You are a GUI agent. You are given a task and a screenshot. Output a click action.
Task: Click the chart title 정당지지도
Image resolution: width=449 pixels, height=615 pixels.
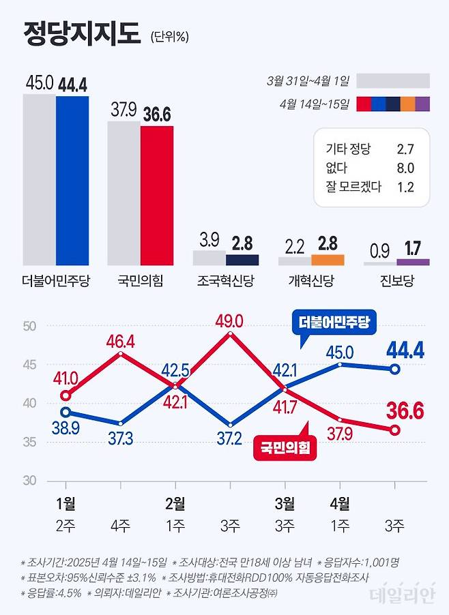(x=81, y=33)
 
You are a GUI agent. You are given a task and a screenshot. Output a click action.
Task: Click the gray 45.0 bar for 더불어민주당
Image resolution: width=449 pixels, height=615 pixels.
(x=40, y=179)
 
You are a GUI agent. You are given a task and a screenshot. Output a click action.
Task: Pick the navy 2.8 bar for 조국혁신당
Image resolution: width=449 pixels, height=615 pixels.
(x=242, y=260)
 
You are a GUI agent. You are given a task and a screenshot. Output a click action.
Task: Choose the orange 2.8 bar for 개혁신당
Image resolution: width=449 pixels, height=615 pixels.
(x=328, y=260)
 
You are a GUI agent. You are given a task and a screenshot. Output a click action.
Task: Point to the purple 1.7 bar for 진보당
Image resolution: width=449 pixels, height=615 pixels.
(x=413, y=262)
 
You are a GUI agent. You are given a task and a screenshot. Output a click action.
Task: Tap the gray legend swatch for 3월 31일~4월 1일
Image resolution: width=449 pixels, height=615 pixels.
(x=393, y=81)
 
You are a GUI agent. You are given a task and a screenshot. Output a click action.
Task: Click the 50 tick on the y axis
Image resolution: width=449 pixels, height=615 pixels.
(x=28, y=326)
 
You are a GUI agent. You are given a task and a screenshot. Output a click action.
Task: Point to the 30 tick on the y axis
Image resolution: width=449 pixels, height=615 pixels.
(x=28, y=480)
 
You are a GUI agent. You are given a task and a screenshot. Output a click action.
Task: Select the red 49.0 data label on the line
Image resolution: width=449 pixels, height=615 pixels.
(x=230, y=320)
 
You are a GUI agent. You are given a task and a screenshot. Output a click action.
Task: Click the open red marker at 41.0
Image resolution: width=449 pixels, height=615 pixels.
(x=66, y=395)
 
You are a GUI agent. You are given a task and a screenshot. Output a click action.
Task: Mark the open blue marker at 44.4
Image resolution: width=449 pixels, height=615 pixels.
(x=394, y=370)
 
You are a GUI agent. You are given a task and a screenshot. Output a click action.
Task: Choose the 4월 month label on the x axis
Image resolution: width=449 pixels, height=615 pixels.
(x=339, y=505)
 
